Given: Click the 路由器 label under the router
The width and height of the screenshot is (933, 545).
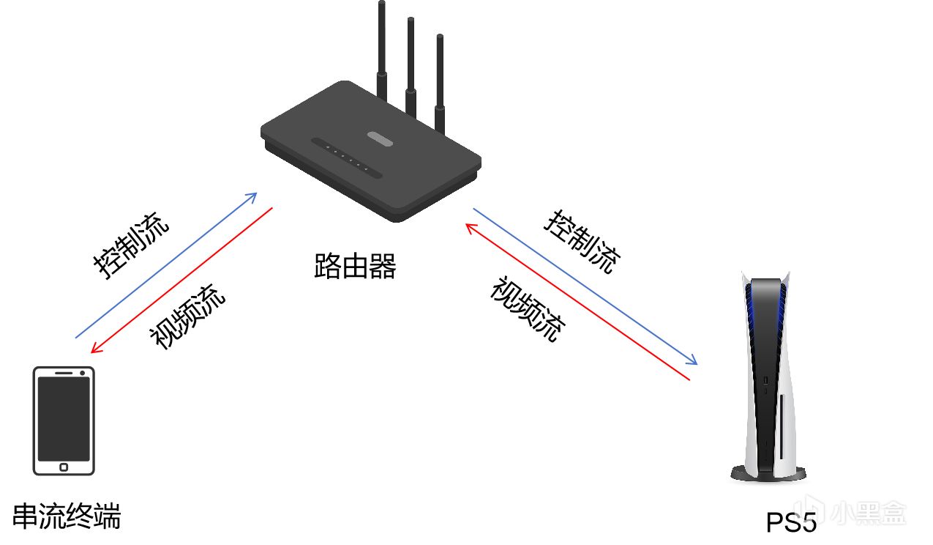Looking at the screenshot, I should click(355, 267).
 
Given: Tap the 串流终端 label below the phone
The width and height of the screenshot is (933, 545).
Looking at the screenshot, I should click(67, 517).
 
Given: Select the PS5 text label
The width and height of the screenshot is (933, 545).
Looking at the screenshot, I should click(791, 522).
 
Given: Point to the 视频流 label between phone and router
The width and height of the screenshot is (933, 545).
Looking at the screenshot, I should click(187, 316).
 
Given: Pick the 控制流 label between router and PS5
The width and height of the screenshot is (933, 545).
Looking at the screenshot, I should click(582, 242).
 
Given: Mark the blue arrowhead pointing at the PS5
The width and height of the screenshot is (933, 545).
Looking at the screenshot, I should click(693, 361).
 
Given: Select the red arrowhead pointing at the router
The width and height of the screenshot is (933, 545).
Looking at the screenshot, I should click(470, 228).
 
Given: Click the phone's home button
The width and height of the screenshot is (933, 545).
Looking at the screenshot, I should click(64, 467).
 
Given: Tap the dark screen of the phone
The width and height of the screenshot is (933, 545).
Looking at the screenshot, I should click(64, 418).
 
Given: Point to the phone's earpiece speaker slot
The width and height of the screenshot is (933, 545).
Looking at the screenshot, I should click(64, 374).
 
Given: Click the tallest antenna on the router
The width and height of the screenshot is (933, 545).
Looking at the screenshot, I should click(381, 44).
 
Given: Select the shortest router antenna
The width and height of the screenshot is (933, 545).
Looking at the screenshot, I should click(440, 73).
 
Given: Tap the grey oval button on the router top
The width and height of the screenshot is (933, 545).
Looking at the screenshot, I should click(378, 138).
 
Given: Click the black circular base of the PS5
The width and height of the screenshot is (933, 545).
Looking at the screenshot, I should click(768, 474).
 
